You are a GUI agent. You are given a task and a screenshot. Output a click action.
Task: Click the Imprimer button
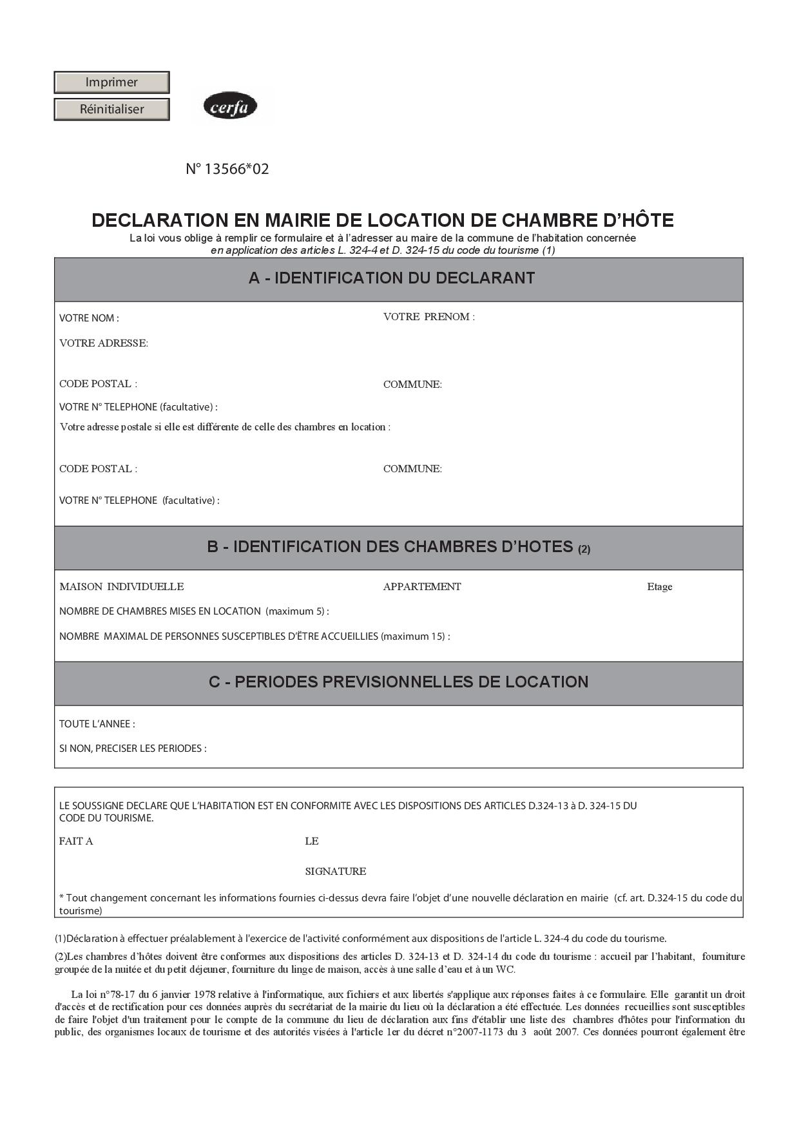tap(111, 82)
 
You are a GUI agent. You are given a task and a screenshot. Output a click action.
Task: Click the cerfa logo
tap(230, 106)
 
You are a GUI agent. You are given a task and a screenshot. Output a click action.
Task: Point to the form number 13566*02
tap(227, 169)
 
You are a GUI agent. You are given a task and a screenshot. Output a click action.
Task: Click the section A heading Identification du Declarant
tap(392, 278)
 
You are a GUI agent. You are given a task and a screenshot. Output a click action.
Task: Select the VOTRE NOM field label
tap(89, 318)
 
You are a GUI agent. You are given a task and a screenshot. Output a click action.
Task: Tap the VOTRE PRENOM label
tap(428, 317)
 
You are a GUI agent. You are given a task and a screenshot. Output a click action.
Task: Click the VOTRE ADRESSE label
tap(104, 343)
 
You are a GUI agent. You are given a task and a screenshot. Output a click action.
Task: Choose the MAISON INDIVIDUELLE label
tap(121, 587)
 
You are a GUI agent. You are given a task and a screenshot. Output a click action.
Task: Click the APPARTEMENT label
tap(422, 587)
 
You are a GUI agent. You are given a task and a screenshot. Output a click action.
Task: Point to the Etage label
tap(659, 587)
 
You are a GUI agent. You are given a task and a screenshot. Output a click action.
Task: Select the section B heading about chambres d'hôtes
tap(398, 547)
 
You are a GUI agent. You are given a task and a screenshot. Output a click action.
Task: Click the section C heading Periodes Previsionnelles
tap(398, 682)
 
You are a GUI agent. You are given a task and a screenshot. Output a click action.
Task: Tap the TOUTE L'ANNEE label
tap(97, 724)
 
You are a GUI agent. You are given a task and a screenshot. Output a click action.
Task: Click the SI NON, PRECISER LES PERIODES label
tap(133, 749)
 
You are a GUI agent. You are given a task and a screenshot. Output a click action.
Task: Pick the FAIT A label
tap(76, 841)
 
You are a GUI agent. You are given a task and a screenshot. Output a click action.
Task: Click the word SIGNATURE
tap(335, 872)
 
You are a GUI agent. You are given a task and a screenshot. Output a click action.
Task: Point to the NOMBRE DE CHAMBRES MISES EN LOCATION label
tap(194, 611)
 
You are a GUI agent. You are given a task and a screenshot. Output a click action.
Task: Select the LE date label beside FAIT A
tap(312, 841)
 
